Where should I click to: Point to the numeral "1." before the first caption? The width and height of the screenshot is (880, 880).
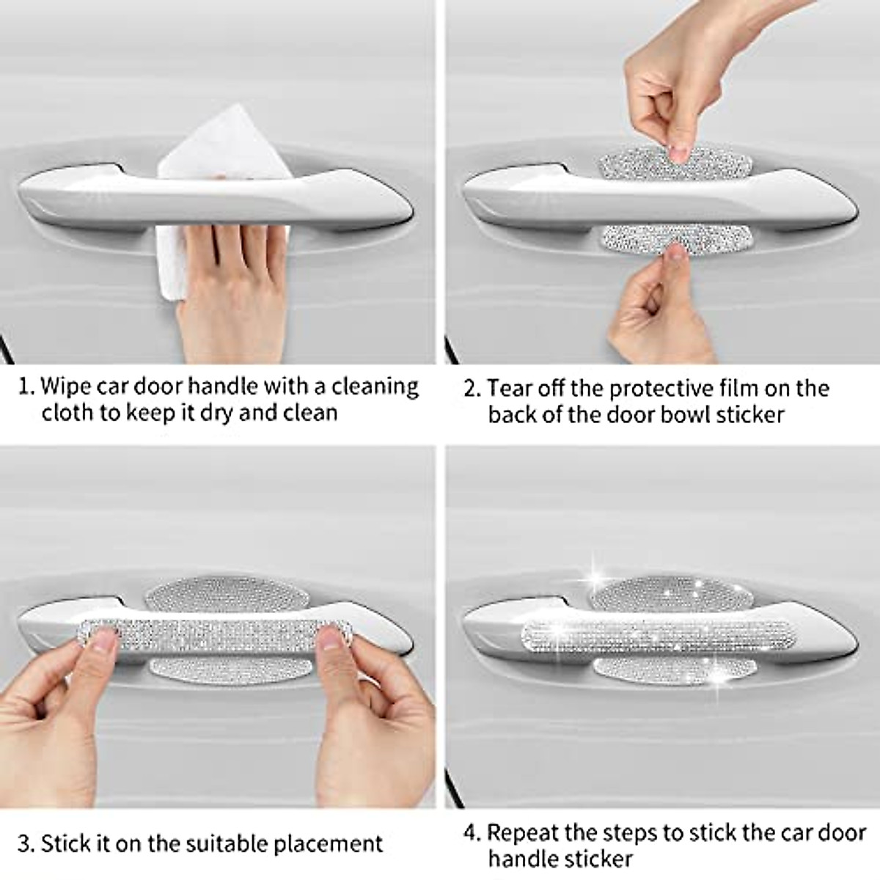(26, 386)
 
